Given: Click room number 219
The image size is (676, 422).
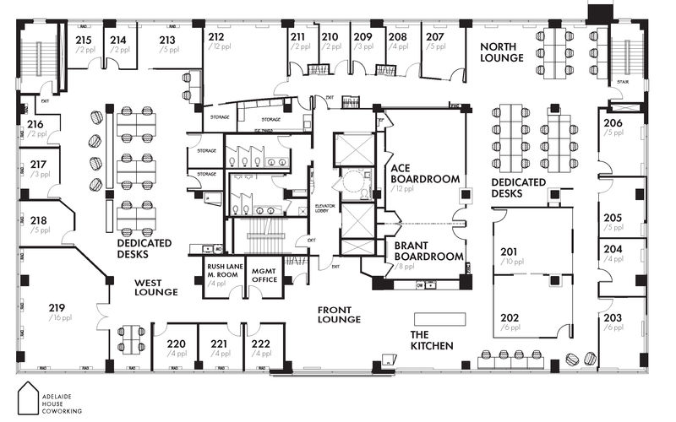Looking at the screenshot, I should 57,307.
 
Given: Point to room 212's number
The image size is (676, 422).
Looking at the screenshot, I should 216,36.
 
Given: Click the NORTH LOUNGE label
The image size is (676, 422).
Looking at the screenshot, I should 501,51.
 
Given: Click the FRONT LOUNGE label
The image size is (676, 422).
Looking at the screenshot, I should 339,314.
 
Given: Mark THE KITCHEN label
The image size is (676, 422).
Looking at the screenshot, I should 432,340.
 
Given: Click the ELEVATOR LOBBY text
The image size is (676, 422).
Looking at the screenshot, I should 326,209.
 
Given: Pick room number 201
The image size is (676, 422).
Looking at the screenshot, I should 509,252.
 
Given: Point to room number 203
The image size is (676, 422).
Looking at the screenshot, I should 613,317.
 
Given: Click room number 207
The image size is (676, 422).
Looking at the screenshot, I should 434,37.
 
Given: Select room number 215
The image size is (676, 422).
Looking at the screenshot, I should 84,40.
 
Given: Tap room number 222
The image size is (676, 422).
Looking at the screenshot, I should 261,344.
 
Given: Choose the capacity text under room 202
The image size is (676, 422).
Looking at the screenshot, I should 510,327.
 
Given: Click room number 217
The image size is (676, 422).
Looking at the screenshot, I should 38,165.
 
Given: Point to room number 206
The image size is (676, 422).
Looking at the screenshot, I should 613,123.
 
